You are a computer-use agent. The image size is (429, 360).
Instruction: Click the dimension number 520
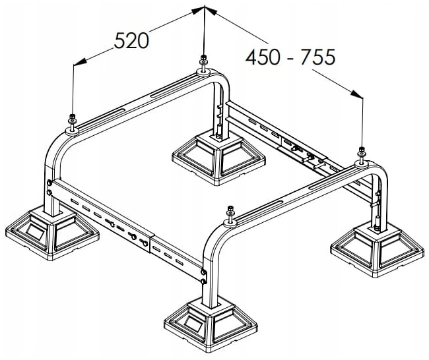click(131, 40)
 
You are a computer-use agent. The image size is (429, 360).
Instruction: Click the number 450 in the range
click(263, 57)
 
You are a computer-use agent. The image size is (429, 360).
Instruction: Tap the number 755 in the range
click(318, 57)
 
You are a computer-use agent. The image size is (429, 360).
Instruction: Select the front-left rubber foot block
click(52, 233)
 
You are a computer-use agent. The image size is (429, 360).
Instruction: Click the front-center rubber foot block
click(211, 325)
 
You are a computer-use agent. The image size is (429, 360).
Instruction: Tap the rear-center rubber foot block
click(219, 158)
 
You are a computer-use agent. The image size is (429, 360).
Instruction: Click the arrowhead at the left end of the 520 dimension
click(80, 62)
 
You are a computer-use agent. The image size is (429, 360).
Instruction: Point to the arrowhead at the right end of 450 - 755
click(357, 94)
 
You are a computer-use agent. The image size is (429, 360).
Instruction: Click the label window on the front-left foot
click(35, 231)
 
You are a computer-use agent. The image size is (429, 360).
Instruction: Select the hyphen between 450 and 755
click(290, 58)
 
